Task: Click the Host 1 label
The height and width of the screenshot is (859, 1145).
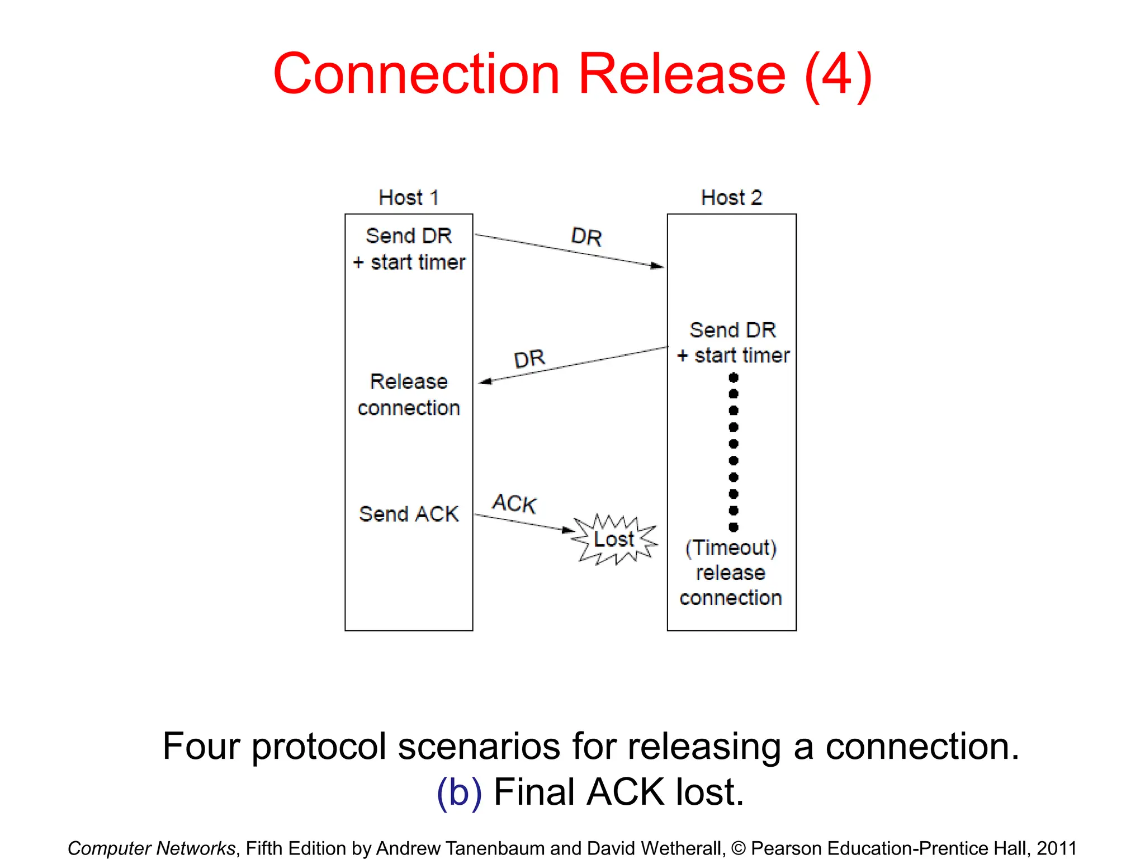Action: [409, 198]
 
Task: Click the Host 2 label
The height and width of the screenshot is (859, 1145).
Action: [731, 198]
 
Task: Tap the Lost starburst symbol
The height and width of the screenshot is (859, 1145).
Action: [614, 540]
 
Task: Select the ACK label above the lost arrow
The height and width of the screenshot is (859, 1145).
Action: [514, 503]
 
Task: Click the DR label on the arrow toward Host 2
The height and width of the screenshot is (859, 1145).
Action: [586, 237]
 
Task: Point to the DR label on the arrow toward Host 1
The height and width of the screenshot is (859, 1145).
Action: [529, 358]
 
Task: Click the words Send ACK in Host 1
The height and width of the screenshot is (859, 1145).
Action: [409, 514]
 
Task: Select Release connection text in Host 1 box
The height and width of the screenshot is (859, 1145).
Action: [409, 395]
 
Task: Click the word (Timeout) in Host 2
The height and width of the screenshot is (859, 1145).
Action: [731, 548]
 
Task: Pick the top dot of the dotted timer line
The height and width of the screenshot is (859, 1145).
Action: [734, 377]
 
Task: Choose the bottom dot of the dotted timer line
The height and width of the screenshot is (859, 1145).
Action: [734, 527]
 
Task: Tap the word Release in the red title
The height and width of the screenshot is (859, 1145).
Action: [682, 74]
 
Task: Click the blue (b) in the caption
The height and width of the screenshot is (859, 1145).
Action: [459, 792]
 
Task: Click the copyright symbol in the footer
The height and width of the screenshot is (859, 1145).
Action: [738, 848]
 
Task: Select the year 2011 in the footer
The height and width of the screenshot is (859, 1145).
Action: [1056, 848]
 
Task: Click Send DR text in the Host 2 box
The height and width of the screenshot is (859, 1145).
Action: [732, 330]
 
